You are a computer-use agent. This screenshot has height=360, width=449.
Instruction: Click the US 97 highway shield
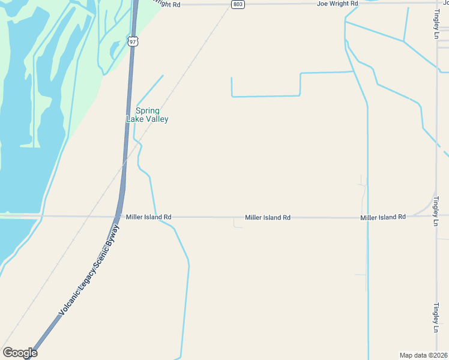point(133,41)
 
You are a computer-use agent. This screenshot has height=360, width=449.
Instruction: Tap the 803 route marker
point(238,4)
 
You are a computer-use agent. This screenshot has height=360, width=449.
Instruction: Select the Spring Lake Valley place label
point(147,115)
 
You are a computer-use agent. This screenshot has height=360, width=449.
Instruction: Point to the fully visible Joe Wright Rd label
point(338,4)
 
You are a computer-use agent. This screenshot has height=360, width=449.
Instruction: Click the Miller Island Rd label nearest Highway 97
point(149,217)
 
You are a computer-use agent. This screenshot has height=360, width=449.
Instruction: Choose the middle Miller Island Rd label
point(268,217)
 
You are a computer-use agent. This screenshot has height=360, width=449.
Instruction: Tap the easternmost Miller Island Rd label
point(383,217)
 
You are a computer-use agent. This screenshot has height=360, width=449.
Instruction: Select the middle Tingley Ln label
point(436,211)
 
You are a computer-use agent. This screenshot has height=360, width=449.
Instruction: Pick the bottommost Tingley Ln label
point(436,318)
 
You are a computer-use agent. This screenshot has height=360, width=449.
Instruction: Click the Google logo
point(20,353)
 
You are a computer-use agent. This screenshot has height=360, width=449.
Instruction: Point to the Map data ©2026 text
point(423,355)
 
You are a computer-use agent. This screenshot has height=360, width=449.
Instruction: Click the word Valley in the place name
point(155,119)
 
